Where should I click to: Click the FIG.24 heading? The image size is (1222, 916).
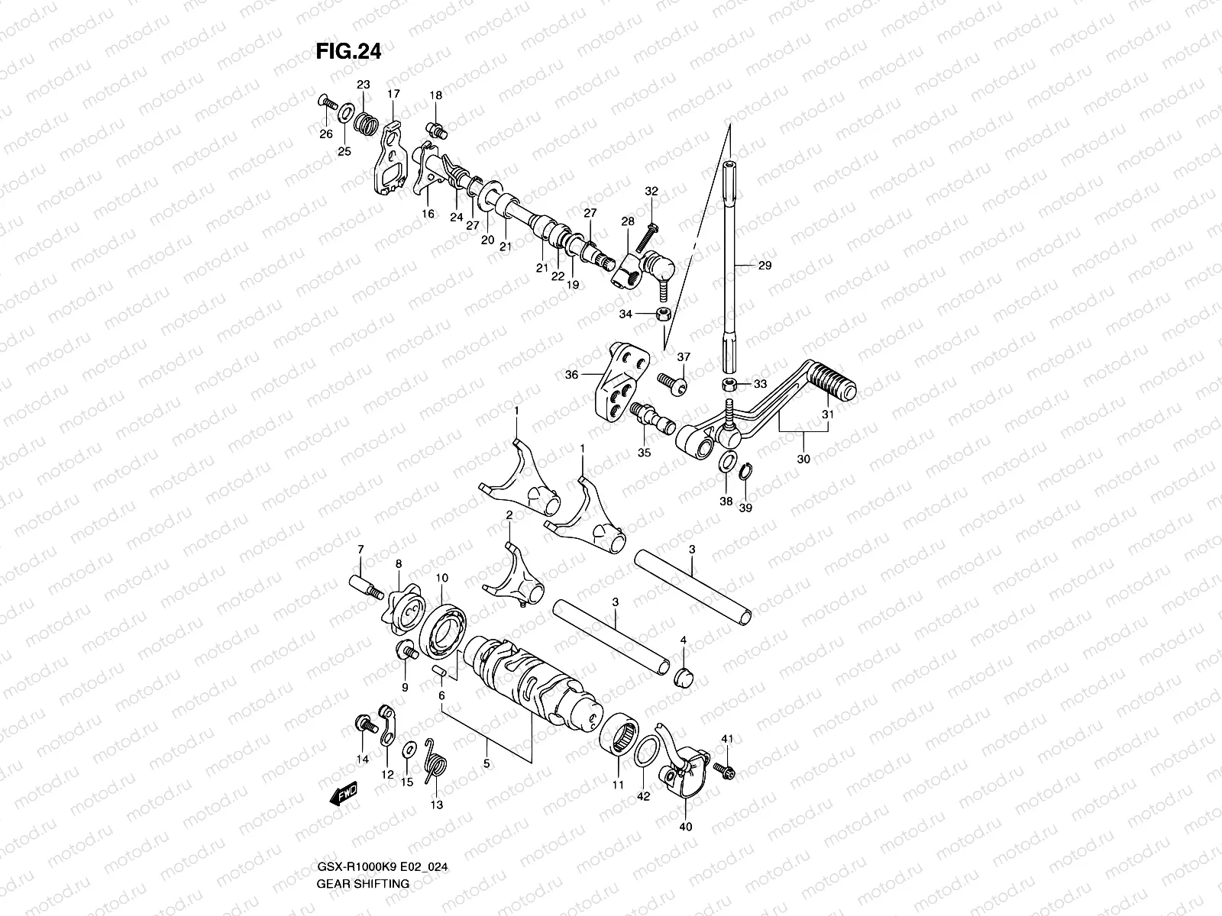click(x=348, y=51)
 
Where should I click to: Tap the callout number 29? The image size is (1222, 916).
click(x=765, y=266)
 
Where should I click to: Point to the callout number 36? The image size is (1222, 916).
click(x=571, y=375)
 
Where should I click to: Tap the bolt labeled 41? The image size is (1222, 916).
click(x=725, y=772)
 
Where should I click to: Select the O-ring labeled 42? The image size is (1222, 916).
click(x=643, y=752)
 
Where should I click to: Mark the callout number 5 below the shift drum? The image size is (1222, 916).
click(x=486, y=763)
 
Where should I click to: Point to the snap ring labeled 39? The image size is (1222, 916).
click(x=749, y=475)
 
